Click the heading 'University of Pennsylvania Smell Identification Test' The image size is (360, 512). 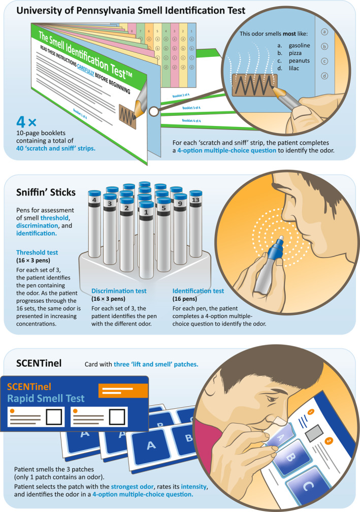(130, 11)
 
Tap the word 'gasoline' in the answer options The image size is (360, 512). (299, 45)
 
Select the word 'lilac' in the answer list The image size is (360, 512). (294, 68)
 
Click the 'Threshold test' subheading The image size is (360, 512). (37, 252)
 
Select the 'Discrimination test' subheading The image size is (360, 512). (119, 291)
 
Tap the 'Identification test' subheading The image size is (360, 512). (198, 291)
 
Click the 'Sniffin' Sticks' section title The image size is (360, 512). (46, 193)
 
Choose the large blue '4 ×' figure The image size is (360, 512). (26, 122)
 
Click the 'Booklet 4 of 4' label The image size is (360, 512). (191, 120)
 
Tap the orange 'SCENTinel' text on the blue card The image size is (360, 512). (29, 387)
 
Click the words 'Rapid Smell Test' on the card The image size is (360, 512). (46, 398)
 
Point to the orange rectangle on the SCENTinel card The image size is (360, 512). (123, 391)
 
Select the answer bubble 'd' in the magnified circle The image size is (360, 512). (324, 76)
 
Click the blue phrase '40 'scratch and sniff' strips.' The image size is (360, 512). (56, 148)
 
